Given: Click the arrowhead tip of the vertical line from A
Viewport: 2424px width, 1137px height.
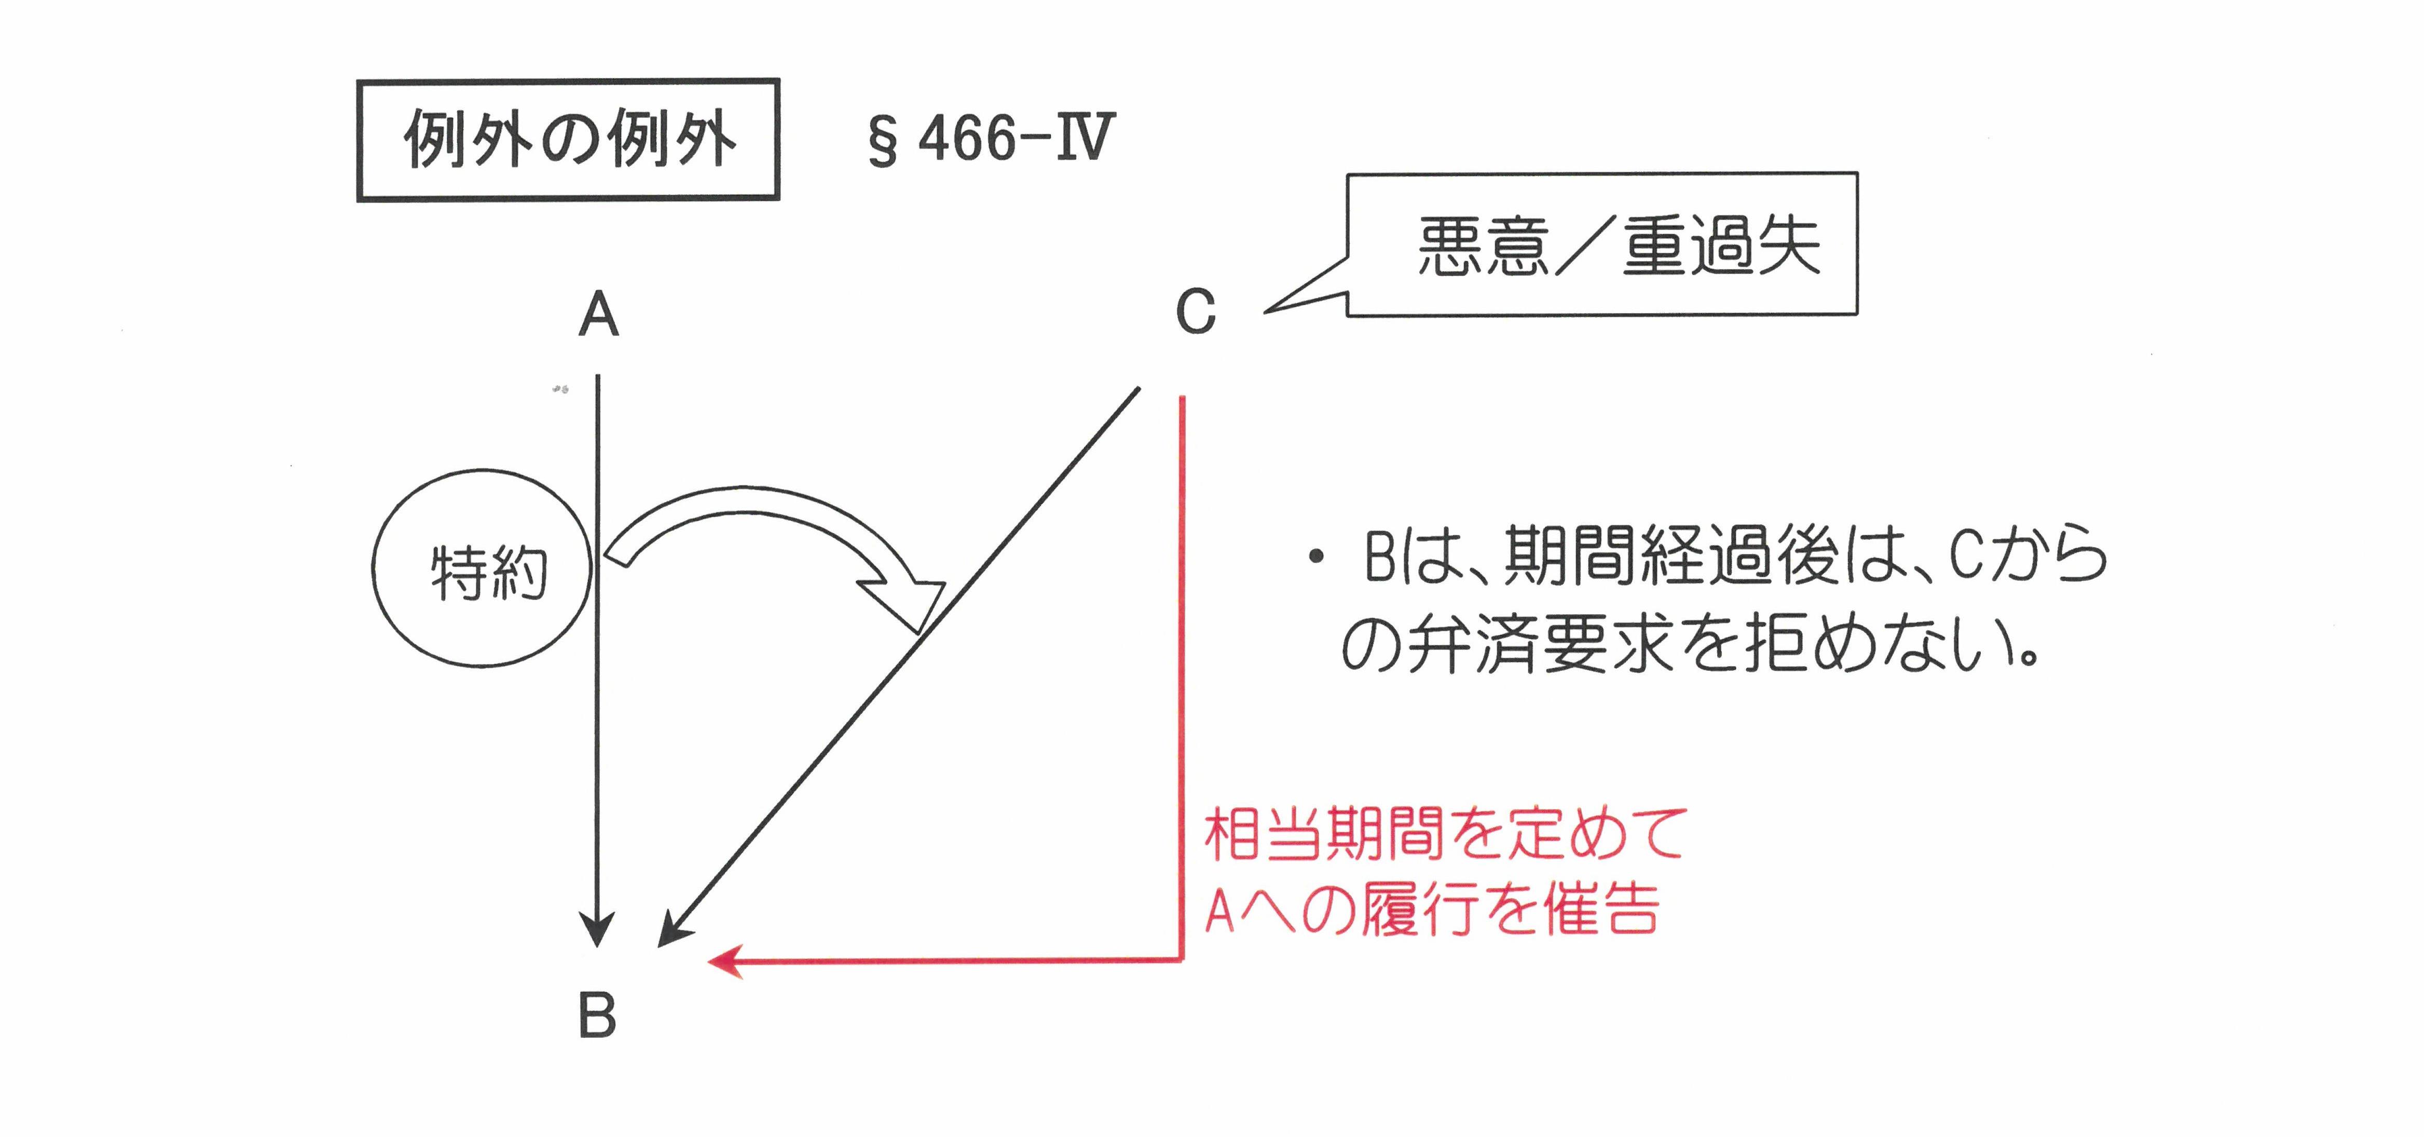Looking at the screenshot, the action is [x=597, y=945].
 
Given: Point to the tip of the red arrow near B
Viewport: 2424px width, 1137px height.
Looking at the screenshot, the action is [x=708, y=961].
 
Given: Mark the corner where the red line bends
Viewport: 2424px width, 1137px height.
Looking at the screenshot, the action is [x=1182, y=960].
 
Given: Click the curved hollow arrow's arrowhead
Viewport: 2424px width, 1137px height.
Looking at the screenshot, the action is [x=908, y=602].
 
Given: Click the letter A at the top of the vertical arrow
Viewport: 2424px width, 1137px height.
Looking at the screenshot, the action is [x=598, y=315].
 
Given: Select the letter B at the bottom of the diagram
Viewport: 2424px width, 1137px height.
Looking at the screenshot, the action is [x=597, y=1017].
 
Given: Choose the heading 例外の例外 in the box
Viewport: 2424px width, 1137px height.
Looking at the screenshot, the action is [x=569, y=139].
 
